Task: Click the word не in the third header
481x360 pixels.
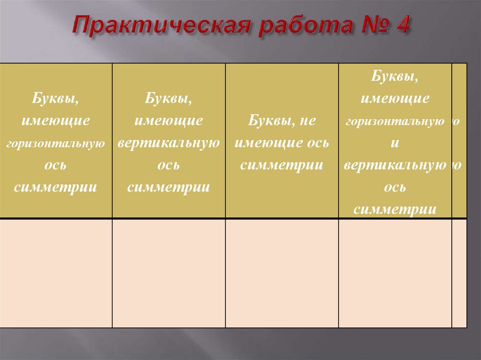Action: [x=307, y=121]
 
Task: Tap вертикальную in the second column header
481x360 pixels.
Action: [x=168, y=143]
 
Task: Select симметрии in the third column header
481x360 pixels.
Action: [x=281, y=165]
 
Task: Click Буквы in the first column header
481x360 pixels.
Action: [x=55, y=99]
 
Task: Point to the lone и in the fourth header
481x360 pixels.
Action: [x=395, y=144]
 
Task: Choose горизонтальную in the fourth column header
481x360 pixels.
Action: [x=395, y=122]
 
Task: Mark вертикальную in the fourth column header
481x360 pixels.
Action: [x=395, y=165]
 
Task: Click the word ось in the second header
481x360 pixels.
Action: [x=168, y=166]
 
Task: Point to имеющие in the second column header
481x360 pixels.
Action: [x=168, y=121]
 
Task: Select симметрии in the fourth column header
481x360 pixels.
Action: [x=395, y=209]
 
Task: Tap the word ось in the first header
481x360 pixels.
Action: [x=55, y=166]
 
